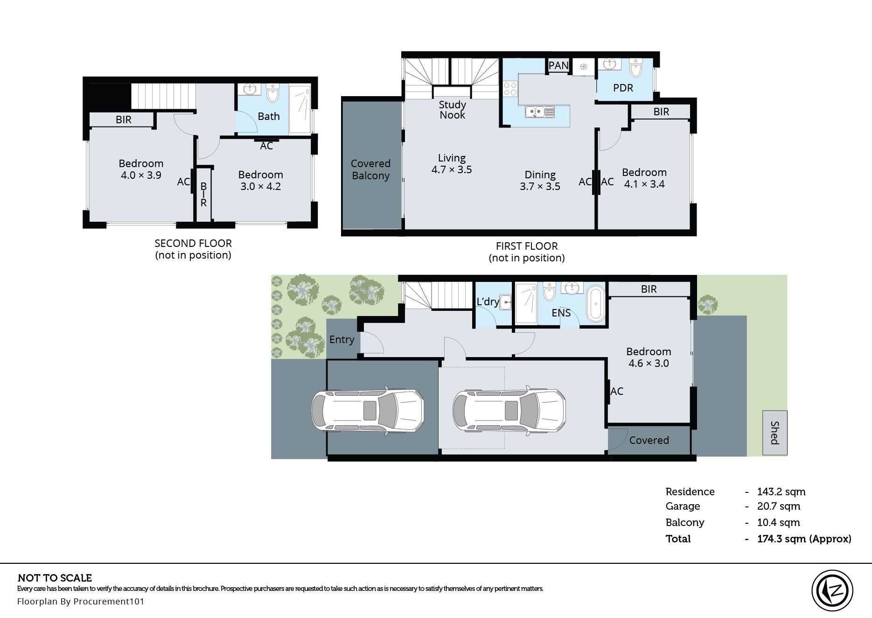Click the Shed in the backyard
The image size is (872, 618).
pos(775,433)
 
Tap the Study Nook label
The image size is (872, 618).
pos(452,110)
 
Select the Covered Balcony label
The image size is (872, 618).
pos(370,169)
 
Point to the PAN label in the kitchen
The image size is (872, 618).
pos(558,65)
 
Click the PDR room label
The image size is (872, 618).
pos(623,88)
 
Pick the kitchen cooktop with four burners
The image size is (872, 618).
pos(510,89)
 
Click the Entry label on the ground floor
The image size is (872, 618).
pos(342,340)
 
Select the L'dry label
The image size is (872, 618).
pos(488,302)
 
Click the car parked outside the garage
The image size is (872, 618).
pos(368,410)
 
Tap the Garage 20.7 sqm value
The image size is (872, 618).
pos(779,506)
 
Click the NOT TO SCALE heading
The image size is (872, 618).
pos(55,578)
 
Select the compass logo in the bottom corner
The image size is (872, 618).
pos(832,590)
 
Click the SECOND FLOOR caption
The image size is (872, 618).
pos(193,243)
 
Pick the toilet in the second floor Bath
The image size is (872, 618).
pos(273,92)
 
